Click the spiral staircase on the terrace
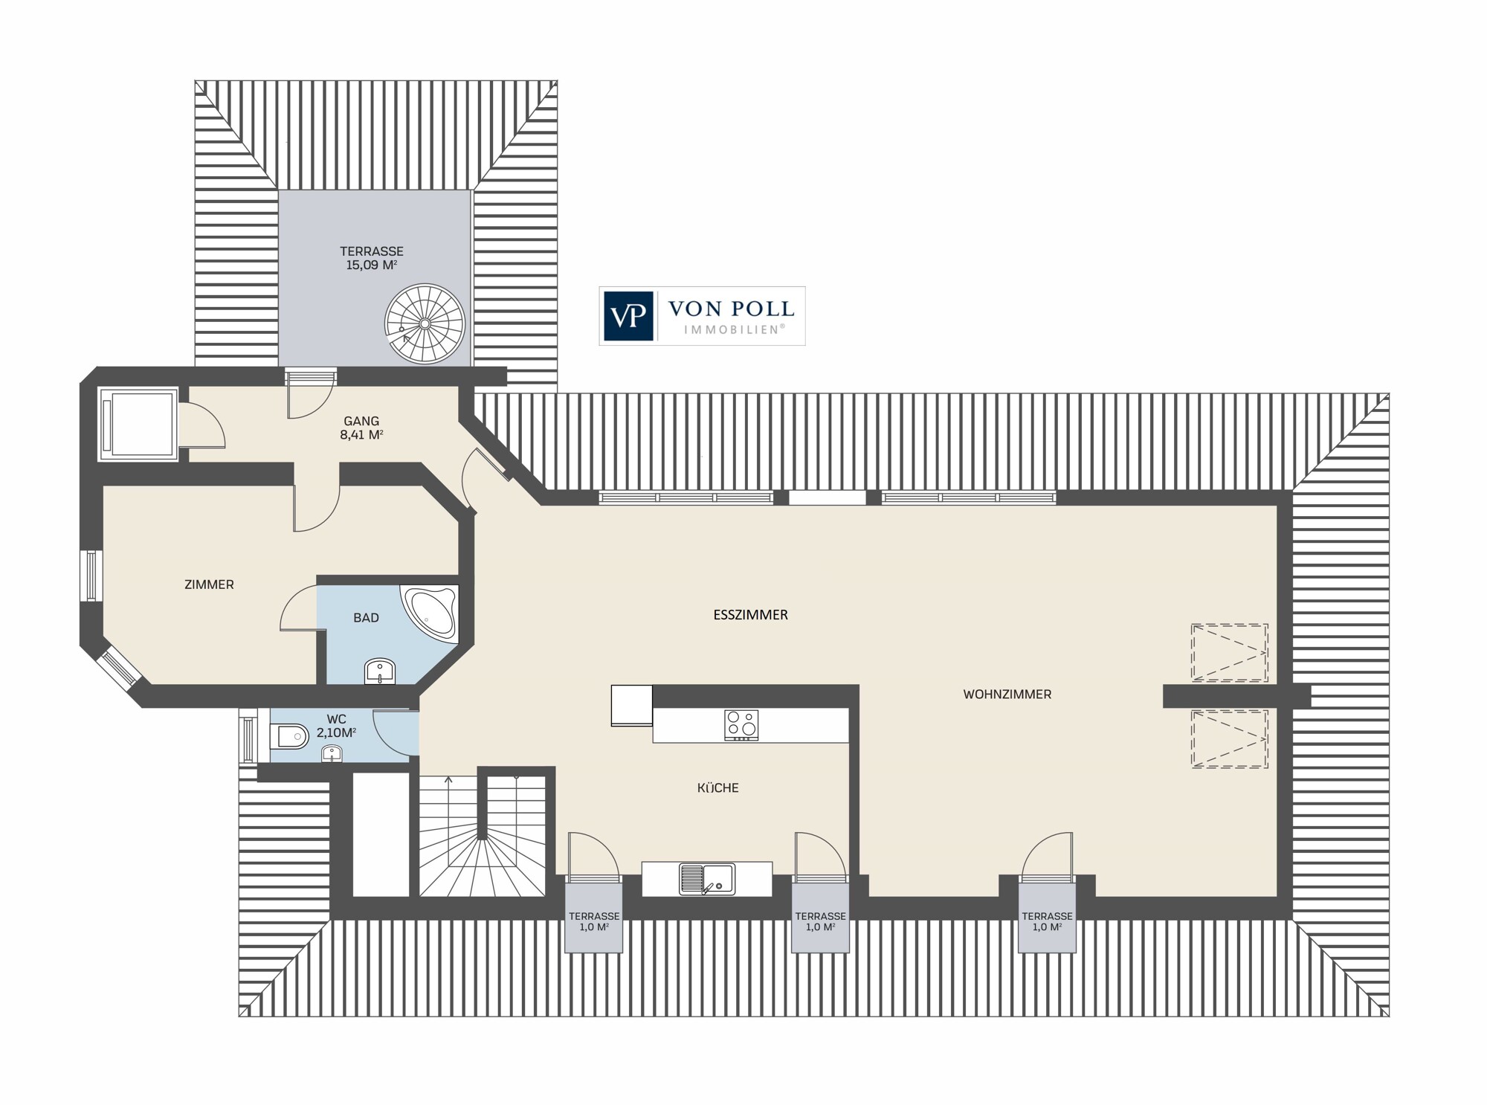425,324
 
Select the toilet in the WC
291,737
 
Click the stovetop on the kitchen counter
741,725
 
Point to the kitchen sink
706,878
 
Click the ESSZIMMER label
750,615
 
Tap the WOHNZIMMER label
1007,695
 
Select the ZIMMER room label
209,584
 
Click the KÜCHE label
718,787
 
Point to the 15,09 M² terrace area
372,265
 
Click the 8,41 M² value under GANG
361,435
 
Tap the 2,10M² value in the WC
336,732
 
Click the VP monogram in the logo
628,316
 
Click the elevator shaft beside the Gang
138,424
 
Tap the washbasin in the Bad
381,671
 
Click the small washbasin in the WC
332,754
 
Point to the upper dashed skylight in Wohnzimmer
1229,652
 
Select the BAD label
366,618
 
